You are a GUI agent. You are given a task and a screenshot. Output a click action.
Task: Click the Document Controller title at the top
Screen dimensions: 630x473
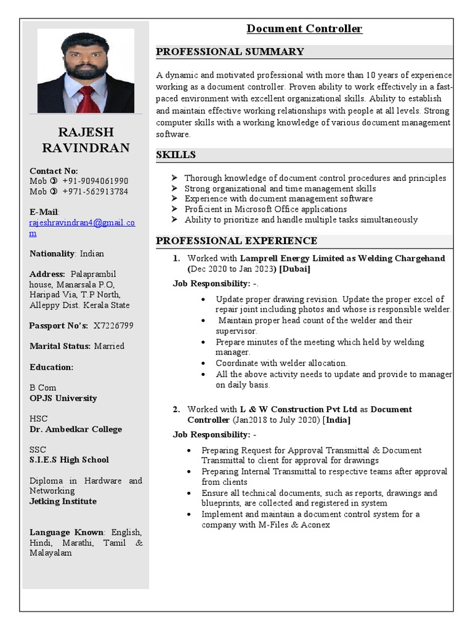tap(304, 29)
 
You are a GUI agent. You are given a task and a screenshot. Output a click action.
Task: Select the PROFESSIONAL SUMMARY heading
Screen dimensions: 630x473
tap(230, 52)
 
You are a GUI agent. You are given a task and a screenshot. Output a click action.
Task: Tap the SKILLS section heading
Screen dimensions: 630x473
tap(176, 155)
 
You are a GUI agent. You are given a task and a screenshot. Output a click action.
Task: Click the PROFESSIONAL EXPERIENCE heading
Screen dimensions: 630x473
tap(236, 241)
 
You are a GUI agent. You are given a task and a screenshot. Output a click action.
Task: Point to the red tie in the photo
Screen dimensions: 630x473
tap(87, 98)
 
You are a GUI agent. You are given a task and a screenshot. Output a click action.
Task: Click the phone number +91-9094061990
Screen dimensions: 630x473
tap(95, 181)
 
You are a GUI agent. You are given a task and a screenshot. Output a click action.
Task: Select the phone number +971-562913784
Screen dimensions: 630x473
tap(95, 191)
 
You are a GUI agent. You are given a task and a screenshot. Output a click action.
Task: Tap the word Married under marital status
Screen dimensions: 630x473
tap(109, 346)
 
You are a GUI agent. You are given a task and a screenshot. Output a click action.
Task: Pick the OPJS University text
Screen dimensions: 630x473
tap(63, 398)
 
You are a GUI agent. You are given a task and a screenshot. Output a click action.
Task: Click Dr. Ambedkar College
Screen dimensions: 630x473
tap(75, 429)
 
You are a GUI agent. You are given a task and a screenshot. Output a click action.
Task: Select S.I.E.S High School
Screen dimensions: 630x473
tap(69, 460)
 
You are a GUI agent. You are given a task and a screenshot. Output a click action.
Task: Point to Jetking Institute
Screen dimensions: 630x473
tap(63, 501)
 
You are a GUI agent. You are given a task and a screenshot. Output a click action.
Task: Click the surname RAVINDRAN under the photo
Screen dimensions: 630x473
tap(86, 148)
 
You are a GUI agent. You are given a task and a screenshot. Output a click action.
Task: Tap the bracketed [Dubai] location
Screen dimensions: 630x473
tap(294, 269)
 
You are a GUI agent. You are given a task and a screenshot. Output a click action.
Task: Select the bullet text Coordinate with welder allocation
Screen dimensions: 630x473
tap(281, 363)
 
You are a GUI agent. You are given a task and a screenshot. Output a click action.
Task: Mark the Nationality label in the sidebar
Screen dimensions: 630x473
tap(52, 253)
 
